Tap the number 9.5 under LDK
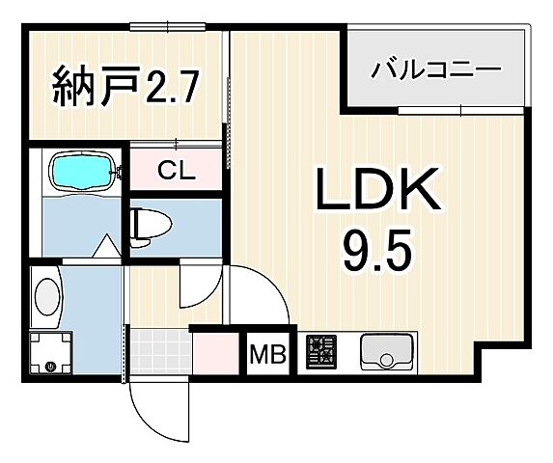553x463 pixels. (377, 254)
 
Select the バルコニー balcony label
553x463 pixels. (436, 70)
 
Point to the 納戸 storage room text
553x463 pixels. (84, 89)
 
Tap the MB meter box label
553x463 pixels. (267, 356)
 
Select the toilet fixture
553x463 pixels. (150, 225)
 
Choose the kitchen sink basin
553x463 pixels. (386, 354)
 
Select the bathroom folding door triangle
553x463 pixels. (106, 247)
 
